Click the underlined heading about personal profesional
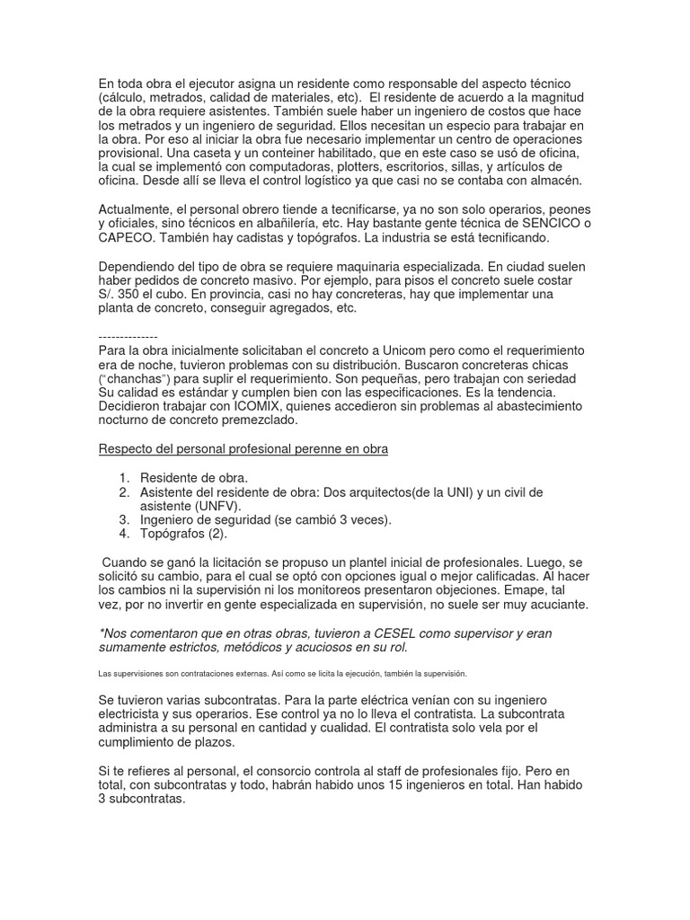243,448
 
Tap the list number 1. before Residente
124,477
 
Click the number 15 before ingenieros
397,786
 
